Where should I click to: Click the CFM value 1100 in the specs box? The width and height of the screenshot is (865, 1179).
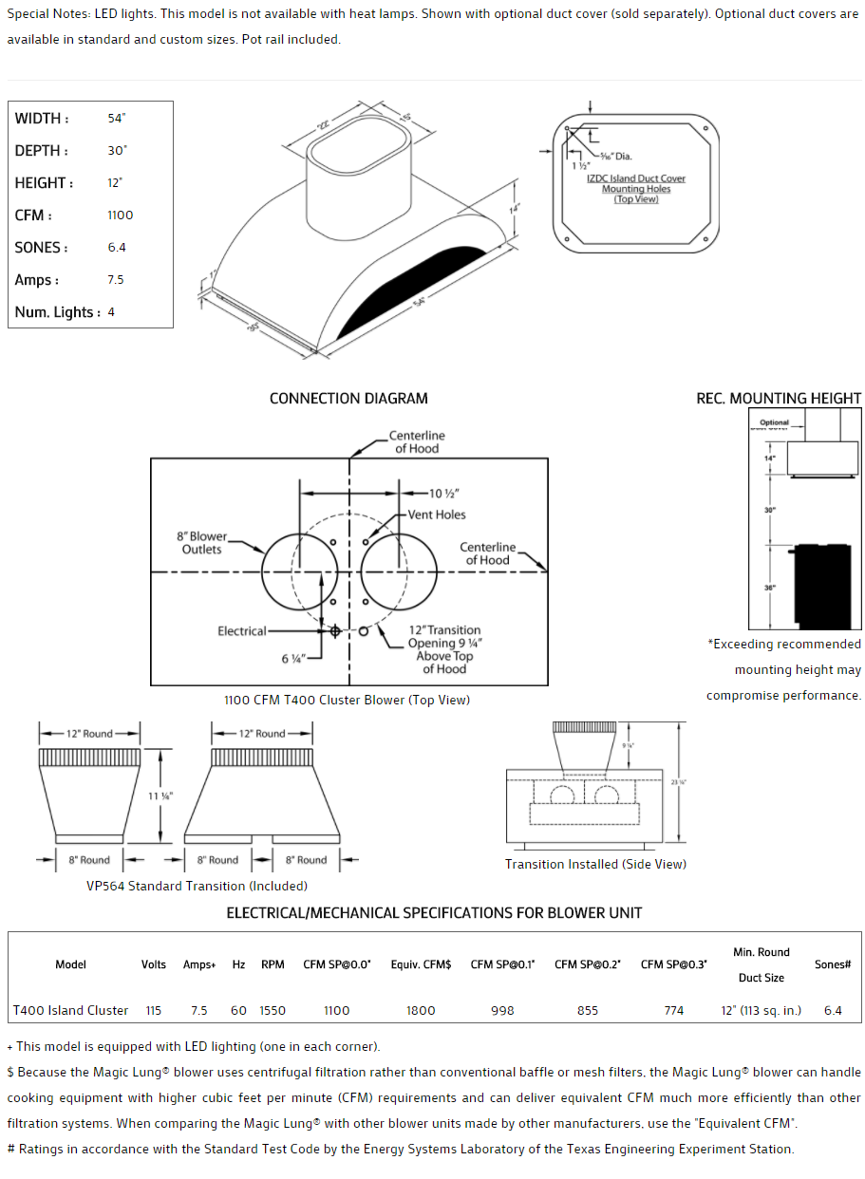[121, 215]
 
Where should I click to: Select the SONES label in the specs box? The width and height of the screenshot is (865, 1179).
[41, 248]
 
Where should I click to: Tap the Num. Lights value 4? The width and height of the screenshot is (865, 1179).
[111, 312]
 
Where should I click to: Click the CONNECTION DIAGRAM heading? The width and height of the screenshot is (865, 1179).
[348, 399]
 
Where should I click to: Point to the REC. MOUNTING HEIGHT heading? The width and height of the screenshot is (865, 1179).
[779, 399]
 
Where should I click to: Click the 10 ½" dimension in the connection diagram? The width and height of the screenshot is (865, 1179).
[444, 494]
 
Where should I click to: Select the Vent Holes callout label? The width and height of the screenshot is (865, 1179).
[437, 515]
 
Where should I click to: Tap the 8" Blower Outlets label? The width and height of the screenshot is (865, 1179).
[202, 543]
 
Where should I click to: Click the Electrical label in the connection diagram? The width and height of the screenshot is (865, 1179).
[242, 630]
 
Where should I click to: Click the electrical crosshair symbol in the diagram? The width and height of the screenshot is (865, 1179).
[334, 630]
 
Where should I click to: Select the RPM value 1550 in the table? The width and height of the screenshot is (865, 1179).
[273, 1010]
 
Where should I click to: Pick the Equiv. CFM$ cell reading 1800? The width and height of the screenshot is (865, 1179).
[421, 1010]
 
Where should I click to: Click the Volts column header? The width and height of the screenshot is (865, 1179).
[154, 964]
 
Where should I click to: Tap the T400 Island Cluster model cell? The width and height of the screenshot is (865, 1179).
[70, 1010]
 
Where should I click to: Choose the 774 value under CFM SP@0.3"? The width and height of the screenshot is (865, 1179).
[674, 1010]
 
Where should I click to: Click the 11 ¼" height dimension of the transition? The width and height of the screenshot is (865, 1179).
[160, 796]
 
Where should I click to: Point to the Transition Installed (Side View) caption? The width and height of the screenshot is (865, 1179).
[595, 864]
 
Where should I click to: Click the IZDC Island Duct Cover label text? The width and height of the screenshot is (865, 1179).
[636, 178]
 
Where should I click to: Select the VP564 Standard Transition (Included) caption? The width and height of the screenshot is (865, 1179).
[197, 886]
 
